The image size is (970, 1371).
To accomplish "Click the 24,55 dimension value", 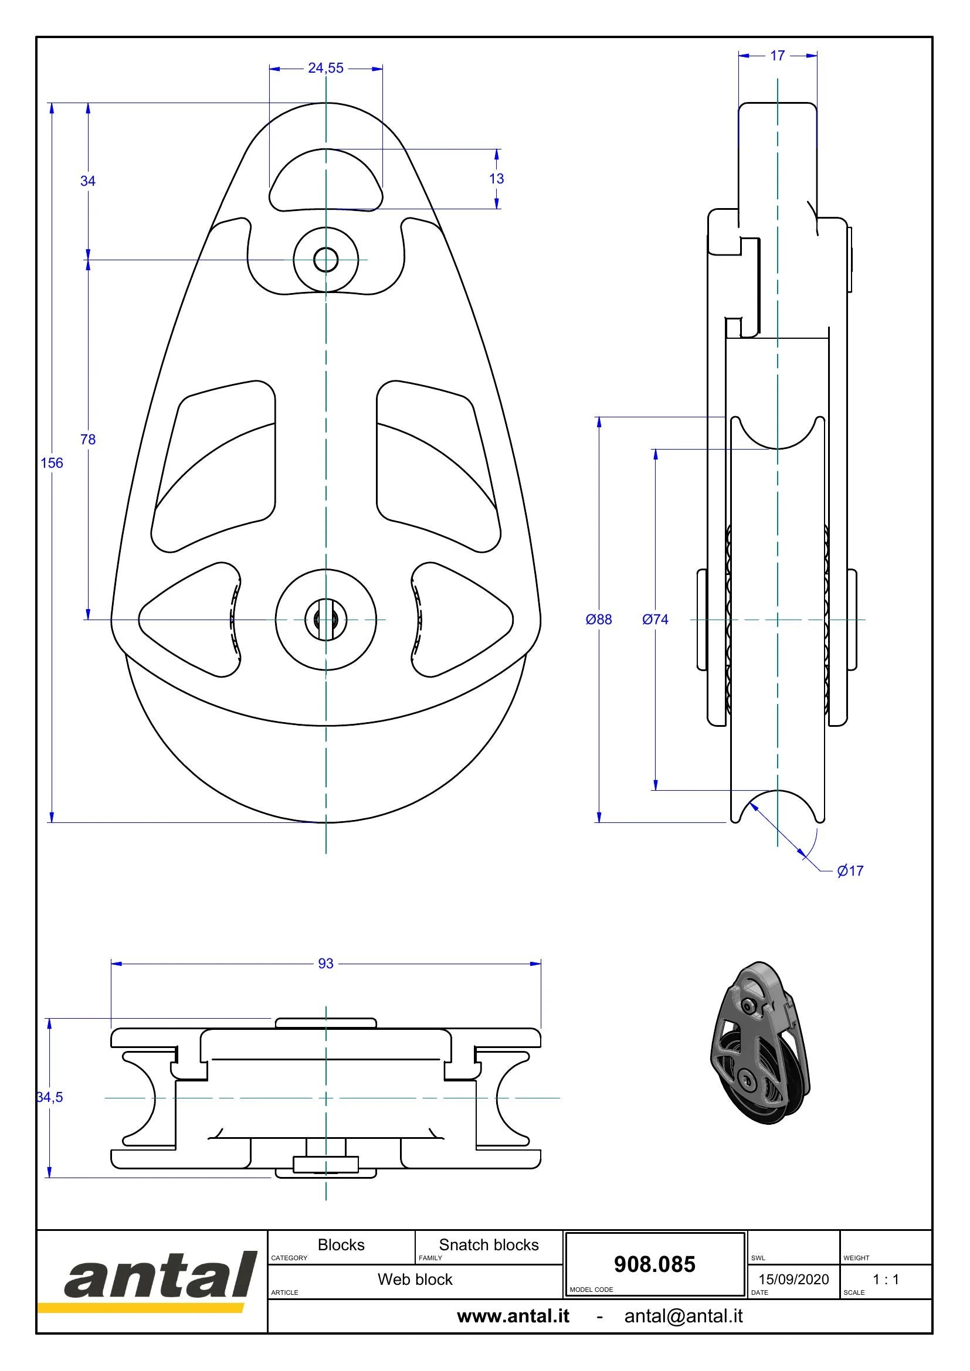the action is tap(325, 68).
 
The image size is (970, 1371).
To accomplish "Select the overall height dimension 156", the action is tap(52, 463).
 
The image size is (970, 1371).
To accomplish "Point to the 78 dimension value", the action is tap(88, 440).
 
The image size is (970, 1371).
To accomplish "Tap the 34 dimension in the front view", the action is tap(88, 181).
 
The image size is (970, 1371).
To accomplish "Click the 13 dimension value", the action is tap(496, 179).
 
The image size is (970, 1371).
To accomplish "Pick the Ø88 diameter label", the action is tap(599, 619).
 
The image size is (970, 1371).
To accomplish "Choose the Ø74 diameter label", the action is tap(655, 619).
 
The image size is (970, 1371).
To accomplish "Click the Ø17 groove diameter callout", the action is tap(850, 870).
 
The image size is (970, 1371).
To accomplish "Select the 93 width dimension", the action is tap(325, 964).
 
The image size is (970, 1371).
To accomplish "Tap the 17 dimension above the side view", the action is tap(777, 56).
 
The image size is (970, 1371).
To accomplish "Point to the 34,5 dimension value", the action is tap(50, 1097).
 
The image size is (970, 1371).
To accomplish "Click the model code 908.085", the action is tap(654, 1265).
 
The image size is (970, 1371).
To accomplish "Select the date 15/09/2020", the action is tap(794, 1280).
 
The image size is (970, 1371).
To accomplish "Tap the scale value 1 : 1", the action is tap(886, 1280).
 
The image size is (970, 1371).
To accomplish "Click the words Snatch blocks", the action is tap(489, 1245).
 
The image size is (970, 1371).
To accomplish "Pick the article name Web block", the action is tap(415, 1280).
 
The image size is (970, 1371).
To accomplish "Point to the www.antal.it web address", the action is tap(513, 1316).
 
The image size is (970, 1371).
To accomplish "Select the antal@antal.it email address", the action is tap(683, 1316).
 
